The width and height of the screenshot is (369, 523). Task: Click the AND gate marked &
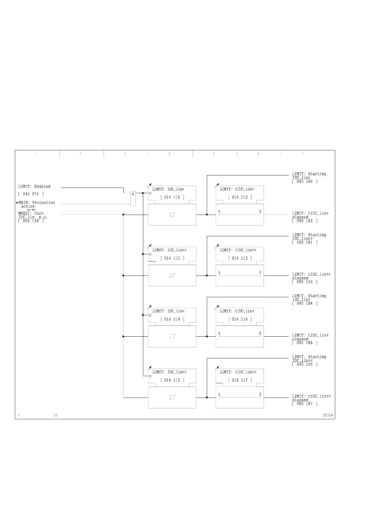pyautogui.click(x=133, y=198)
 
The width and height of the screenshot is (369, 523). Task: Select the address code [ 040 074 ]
pyautogui.click(x=31, y=194)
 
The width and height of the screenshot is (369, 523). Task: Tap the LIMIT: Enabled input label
pyautogui.click(x=34, y=186)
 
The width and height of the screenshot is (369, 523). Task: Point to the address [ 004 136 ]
pyautogui.click(x=31, y=221)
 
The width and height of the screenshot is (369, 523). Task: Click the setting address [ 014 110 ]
pyautogui.click(x=172, y=197)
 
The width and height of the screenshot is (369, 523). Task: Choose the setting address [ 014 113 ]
pyautogui.click(x=240, y=258)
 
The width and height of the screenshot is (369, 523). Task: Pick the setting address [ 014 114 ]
pyautogui.click(x=172, y=319)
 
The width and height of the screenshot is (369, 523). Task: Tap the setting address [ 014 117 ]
pyautogui.click(x=240, y=380)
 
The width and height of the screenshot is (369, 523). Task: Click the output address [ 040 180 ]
pyautogui.click(x=305, y=181)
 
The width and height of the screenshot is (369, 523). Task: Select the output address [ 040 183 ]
pyautogui.click(x=305, y=282)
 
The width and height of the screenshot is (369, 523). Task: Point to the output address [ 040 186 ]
pyautogui.click(x=305, y=343)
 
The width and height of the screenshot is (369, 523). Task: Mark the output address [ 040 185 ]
pyautogui.click(x=305, y=364)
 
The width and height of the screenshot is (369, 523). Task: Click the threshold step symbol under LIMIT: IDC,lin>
pyautogui.click(x=172, y=215)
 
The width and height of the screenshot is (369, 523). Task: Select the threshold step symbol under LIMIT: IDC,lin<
pyautogui.click(x=172, y=336)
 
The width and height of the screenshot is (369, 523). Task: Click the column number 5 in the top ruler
pyautogui.click(x=214, y=154)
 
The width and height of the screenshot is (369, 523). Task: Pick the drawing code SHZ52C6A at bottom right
pyautogui.click(x=328, y=415)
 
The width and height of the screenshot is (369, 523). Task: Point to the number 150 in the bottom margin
pyautogui.click(x=55, y=415)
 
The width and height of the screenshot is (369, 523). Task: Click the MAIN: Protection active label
pyautogui.click(x=37, y=204)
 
